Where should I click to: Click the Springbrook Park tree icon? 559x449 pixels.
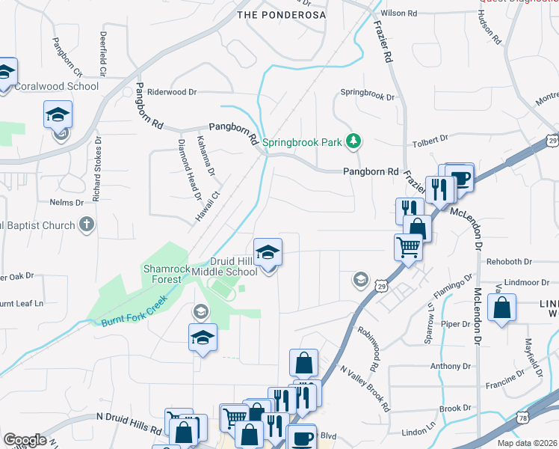[x=355, y=141]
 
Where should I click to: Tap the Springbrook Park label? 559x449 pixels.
[x=309, y=141]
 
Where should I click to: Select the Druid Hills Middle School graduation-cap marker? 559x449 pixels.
[x=268, y=252]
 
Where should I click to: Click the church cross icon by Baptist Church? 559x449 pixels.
[x=87, y=224]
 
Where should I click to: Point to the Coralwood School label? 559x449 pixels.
[x=57, y=86]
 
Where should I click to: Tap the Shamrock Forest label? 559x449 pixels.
[x=162, y=274]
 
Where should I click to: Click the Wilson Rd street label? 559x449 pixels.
[x=399, y=13]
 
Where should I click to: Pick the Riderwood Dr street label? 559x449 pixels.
[x=172, y=92]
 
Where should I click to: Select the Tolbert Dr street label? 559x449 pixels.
[x=430, y=138]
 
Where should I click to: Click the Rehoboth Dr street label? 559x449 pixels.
[x=509, y=262]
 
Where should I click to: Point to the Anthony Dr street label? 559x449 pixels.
[x=448, y=366]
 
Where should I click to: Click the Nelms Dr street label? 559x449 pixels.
[x=67, y=203]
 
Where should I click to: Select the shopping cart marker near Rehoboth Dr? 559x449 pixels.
[x=408, y=246]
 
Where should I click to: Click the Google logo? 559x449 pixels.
[x=25, y=440]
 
